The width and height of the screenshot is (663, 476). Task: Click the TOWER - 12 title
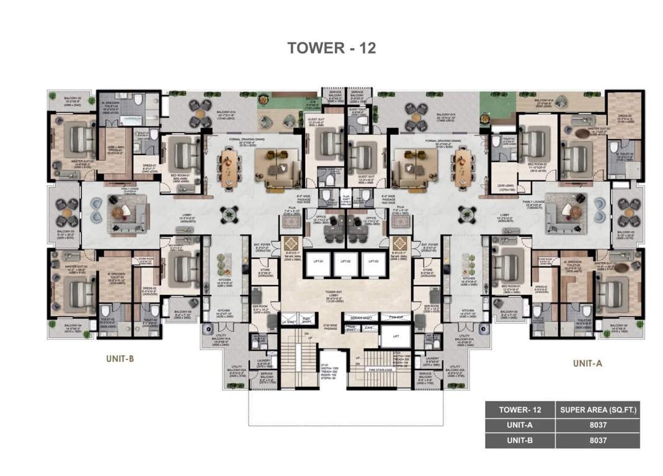[x=331, y=48]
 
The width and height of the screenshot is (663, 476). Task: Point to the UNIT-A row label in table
[x=520, y=425]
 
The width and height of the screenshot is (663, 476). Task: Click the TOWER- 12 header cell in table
[x=520, y=410]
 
